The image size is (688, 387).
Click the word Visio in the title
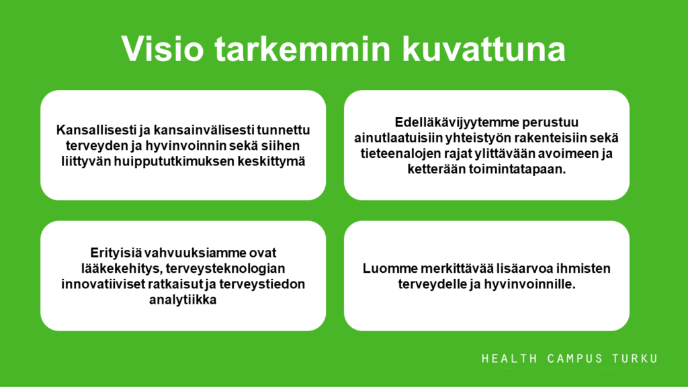[163, 48]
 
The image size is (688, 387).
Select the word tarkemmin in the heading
[303, 48]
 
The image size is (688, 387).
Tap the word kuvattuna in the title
[484, 48]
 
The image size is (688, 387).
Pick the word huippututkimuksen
[174, 161]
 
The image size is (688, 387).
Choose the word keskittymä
[271, 161]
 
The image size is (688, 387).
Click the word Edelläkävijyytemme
[456, 122]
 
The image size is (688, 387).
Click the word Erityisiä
[116, 253]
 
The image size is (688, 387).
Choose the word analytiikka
[183, 300]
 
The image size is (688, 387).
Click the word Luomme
[390, 269]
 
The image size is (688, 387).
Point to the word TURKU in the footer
[636, 359]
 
